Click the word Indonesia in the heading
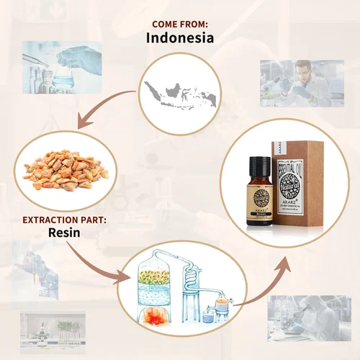coord(179,38)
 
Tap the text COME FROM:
coord(179,23)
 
